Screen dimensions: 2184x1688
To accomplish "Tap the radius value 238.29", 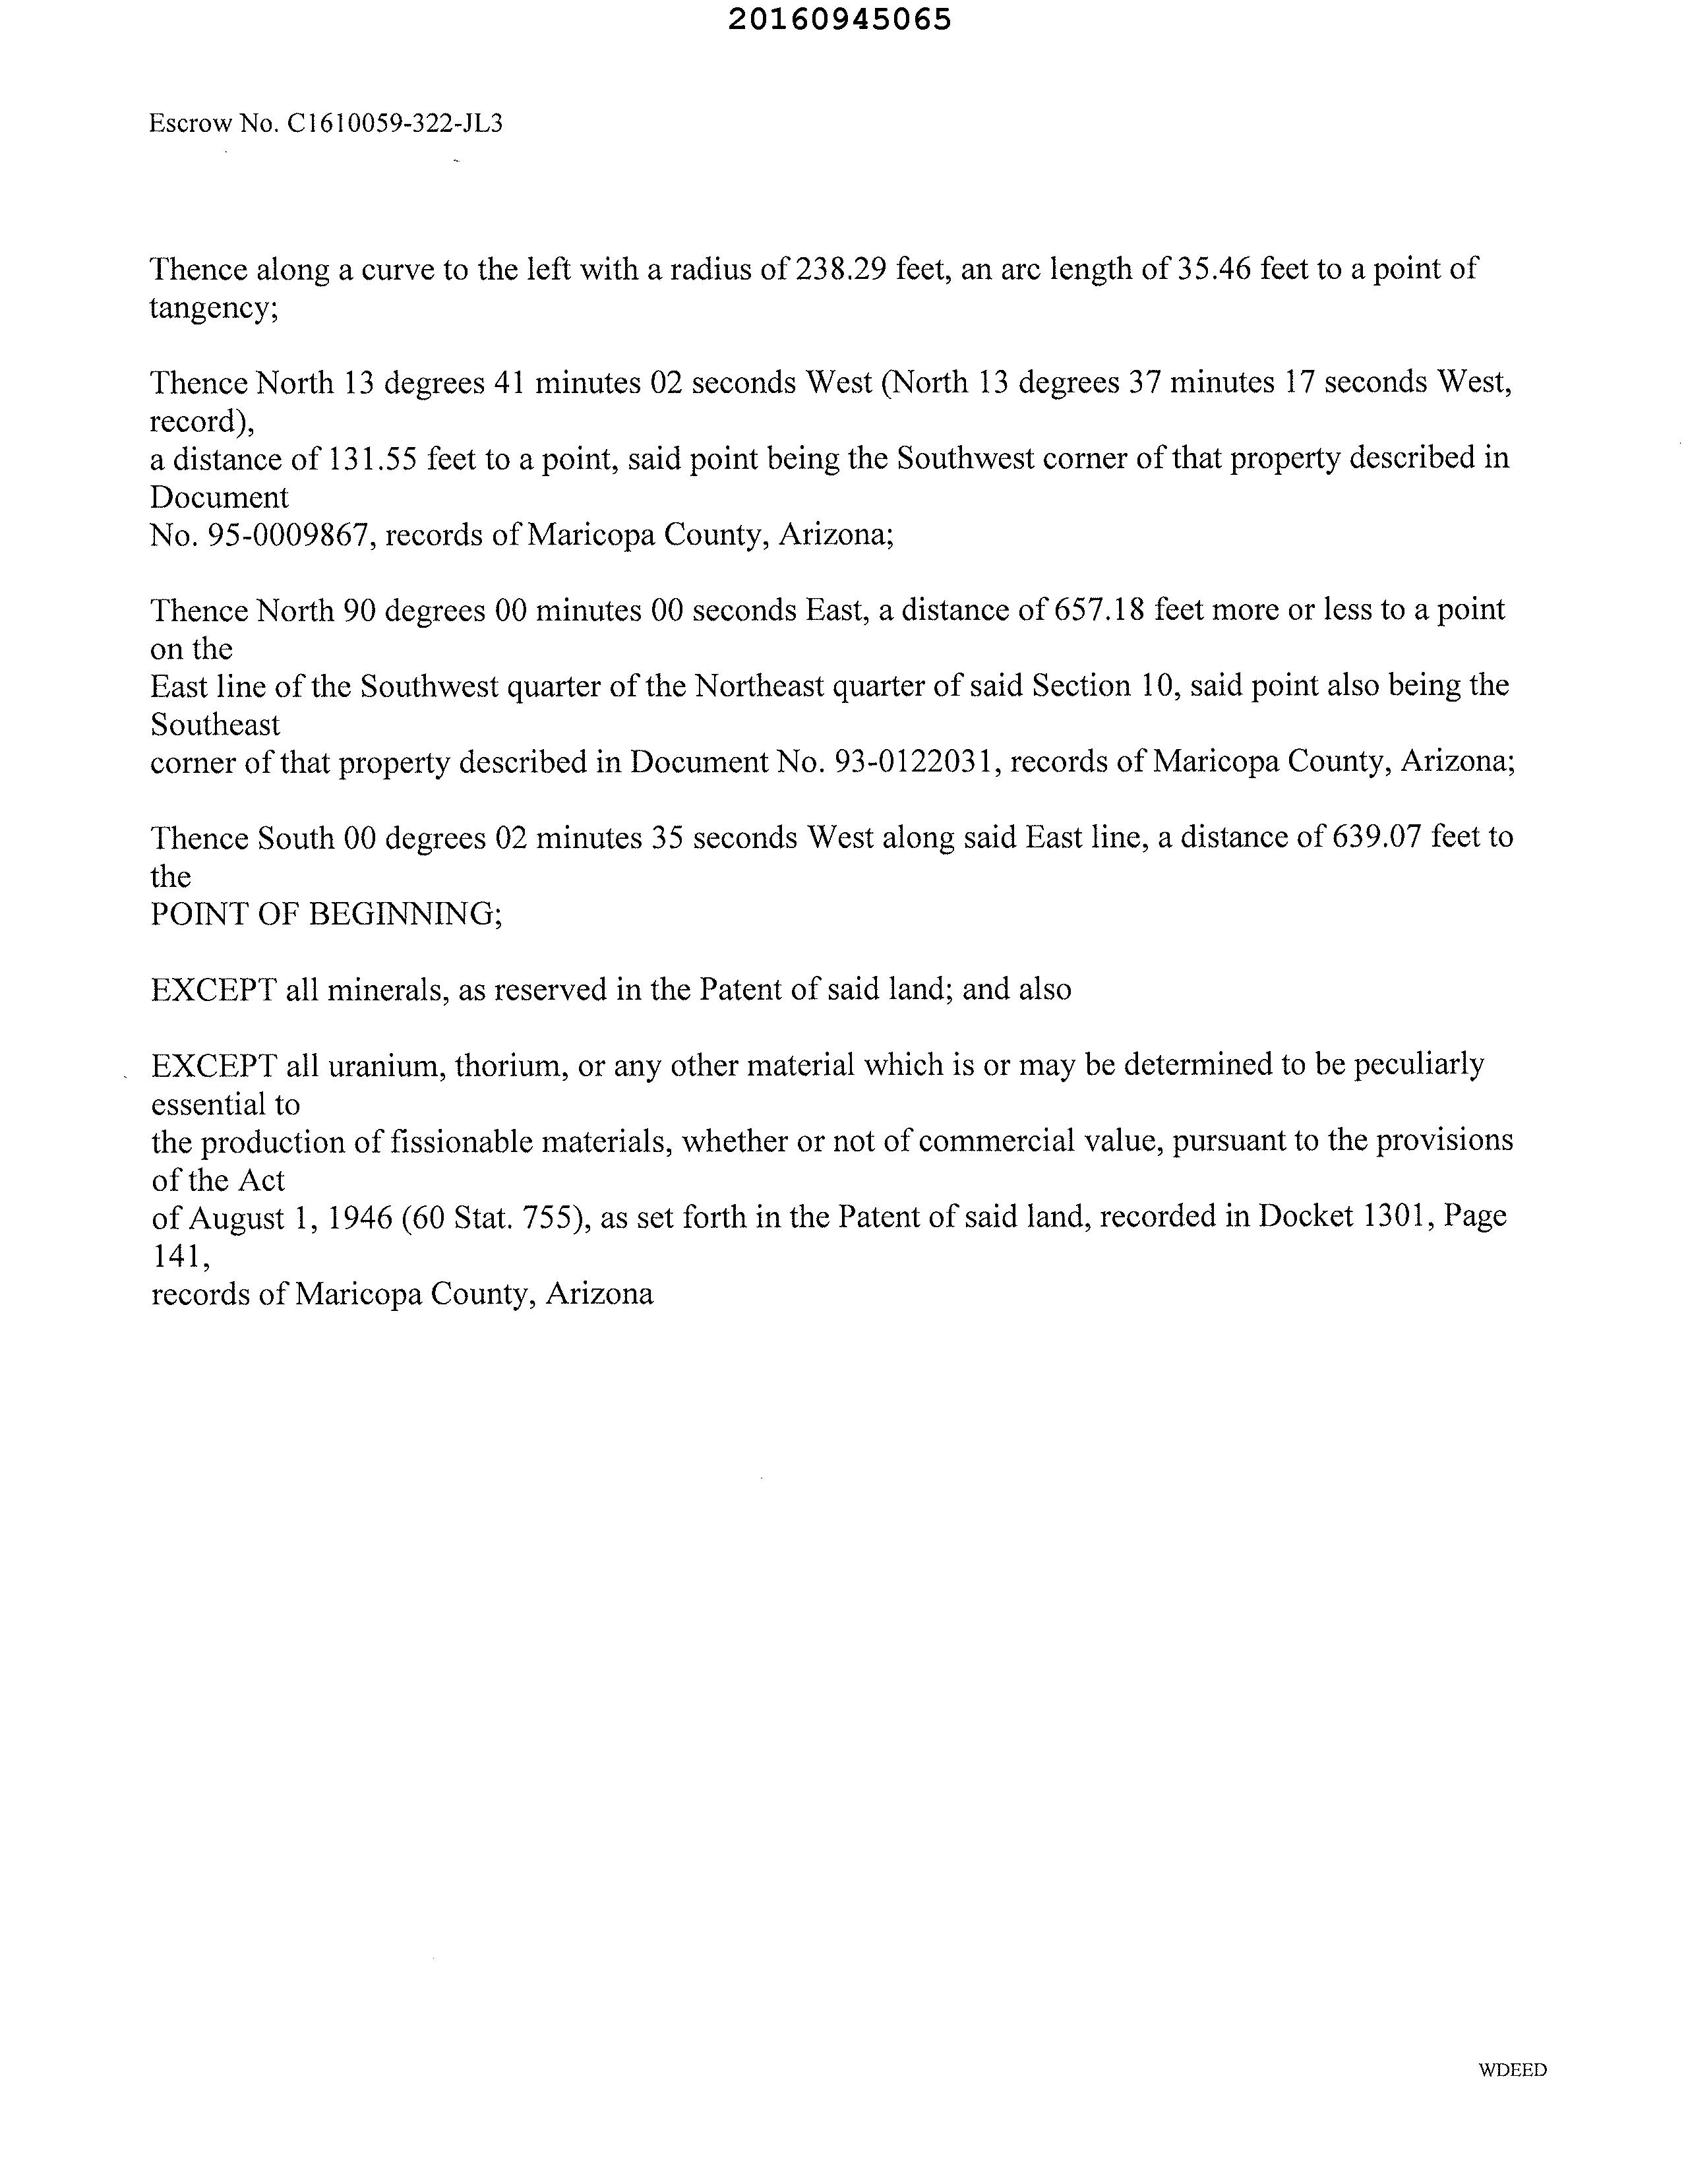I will click(x=841, y=269).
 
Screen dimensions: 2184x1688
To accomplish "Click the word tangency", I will click(x=213, y=308).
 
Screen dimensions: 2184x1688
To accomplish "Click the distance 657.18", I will click(x=1099, y=610).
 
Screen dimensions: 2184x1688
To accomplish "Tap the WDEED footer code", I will click(x=1512, y=2070).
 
